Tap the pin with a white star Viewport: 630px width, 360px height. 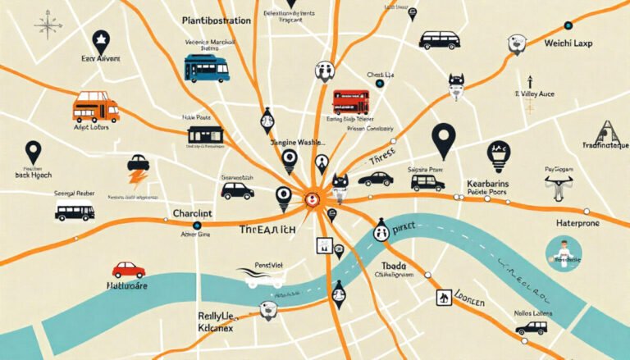click(100, 40)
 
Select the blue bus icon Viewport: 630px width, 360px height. click(206, 68)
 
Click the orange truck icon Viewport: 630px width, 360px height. click(95, 107)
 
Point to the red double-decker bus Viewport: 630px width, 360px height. click(351, 102)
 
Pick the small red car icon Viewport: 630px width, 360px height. click(129, 270)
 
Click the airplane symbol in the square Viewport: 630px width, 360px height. click(445, 298)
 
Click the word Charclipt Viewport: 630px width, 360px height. click(194, 214)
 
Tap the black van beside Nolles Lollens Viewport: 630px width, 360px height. click(531, 327)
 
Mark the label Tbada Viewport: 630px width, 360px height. click(394, 267)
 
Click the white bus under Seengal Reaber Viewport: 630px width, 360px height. click(75, 212)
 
